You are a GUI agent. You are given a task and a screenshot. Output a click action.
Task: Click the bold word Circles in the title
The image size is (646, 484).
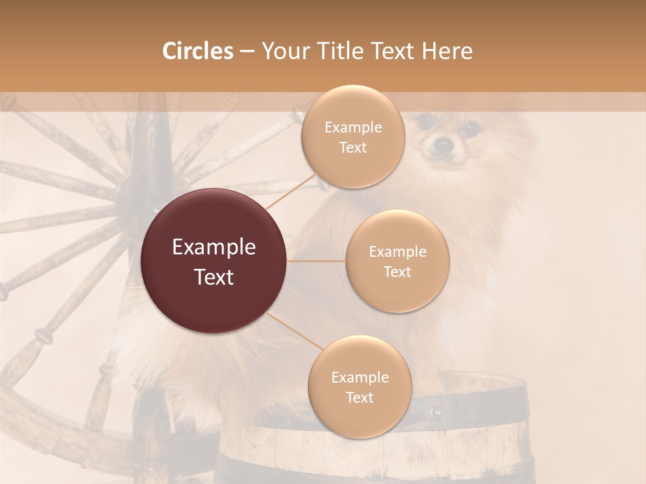(x=197, y=51)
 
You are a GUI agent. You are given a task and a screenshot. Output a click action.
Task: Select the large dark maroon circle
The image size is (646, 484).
(x=214, y=261)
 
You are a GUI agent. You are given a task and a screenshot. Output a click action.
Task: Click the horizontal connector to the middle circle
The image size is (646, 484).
(x=316, y=261)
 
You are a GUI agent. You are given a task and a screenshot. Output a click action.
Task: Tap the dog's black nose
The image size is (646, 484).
(x=443, y=143)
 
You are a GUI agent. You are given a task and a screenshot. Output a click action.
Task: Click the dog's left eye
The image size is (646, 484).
(x=425, y=121)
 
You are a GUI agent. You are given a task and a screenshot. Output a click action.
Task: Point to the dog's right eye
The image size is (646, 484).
(x=470, y=126)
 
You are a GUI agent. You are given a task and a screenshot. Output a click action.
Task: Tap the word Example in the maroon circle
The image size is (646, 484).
(x=214, y=247)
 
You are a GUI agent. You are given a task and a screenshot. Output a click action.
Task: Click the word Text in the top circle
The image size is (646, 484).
(x=353, y=148)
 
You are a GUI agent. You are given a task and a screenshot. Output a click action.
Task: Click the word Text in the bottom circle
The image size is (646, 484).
(x=359, y=398)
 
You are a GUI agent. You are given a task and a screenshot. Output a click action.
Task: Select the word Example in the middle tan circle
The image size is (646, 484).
(x=397, y=252)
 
